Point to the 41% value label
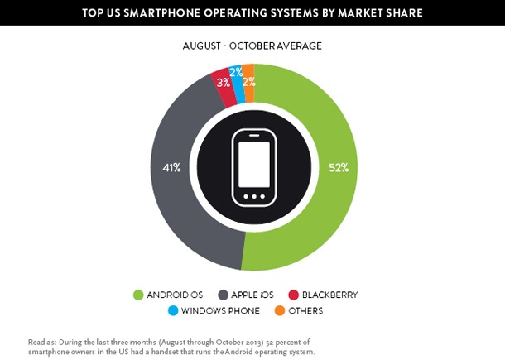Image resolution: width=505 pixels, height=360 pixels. pos(171,167)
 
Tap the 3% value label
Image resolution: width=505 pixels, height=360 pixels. pos(222,82)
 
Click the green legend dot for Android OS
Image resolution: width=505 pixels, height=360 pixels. pos(139,295)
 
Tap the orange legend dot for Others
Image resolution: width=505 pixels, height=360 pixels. pos(280,311)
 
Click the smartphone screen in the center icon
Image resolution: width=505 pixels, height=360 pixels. pos(253,160)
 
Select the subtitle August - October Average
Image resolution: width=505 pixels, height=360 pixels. pos(252,46)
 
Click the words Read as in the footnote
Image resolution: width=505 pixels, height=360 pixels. pos(40,341)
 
